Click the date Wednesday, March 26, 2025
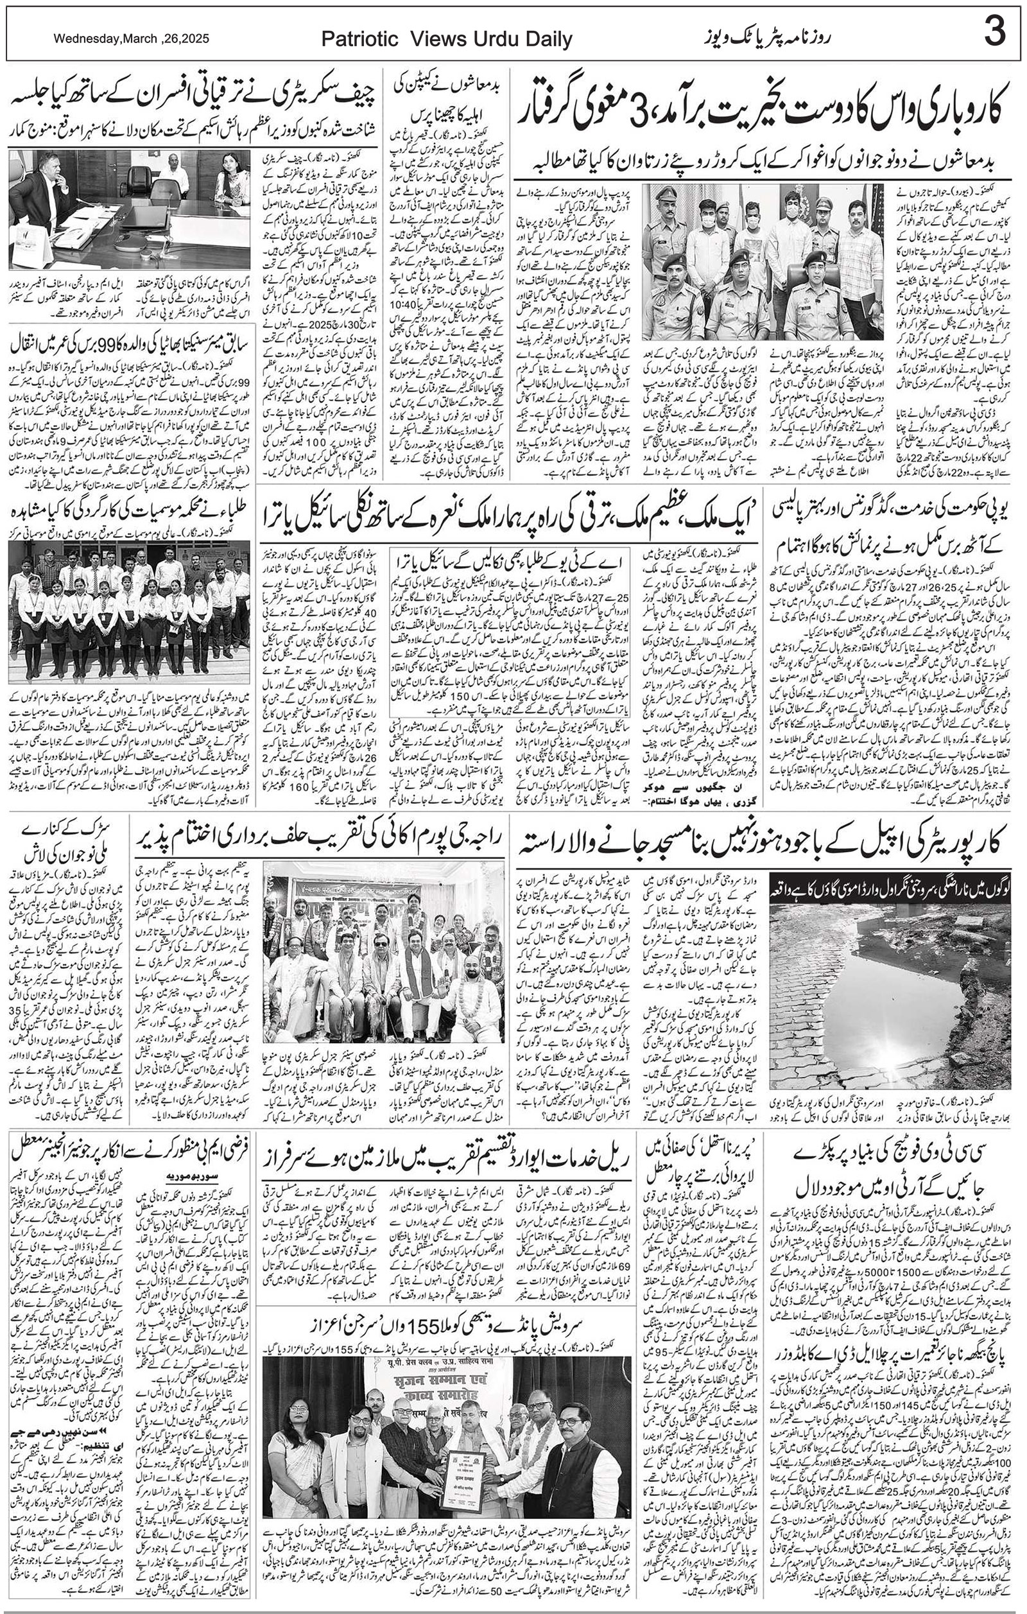(132, 39)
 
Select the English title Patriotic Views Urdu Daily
(447, 40)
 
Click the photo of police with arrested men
(764, 261)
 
